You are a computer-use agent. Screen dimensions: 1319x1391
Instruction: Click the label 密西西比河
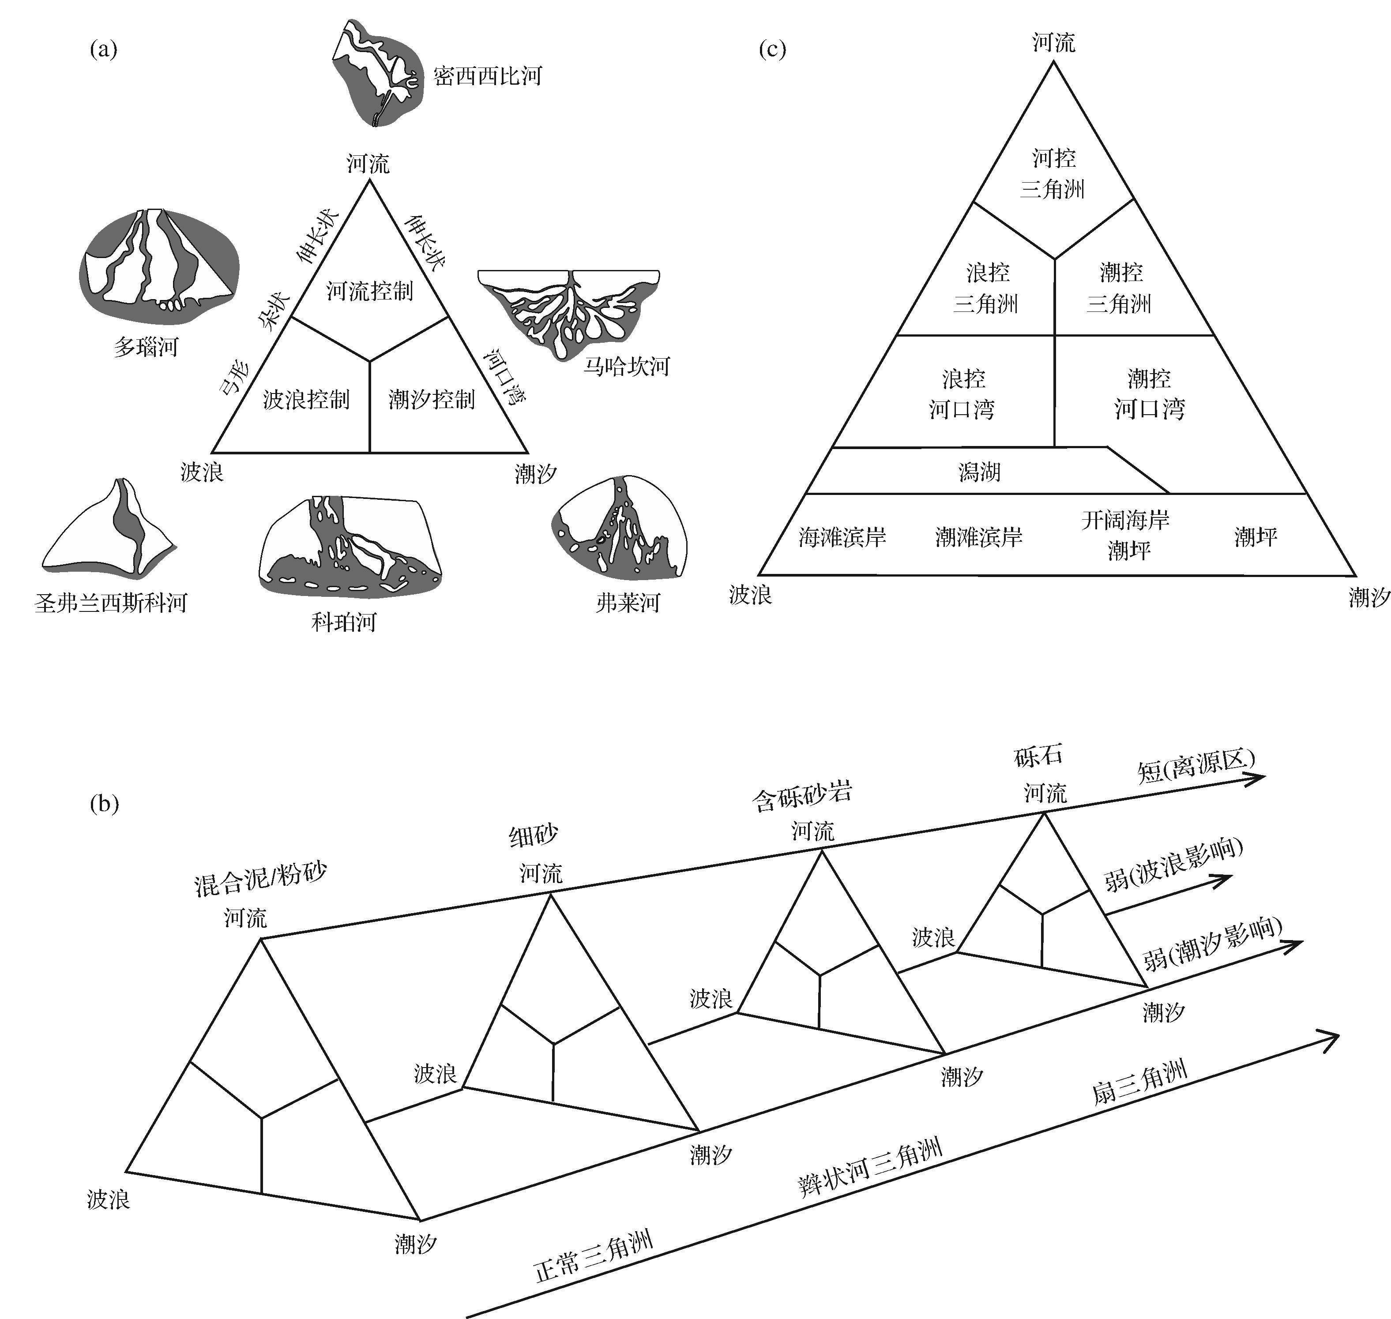point(487,76)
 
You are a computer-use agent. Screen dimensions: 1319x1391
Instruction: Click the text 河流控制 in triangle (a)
point(369,290)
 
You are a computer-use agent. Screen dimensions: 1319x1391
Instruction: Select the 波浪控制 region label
point(306,399)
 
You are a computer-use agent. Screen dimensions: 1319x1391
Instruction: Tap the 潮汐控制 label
point(432,399)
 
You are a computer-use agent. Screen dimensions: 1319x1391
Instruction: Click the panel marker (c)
point(772,49)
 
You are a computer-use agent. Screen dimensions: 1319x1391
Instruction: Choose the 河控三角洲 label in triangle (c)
point(1053,173)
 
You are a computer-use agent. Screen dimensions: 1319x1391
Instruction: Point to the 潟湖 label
point(979,472)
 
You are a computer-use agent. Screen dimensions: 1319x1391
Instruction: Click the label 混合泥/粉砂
point(261,879)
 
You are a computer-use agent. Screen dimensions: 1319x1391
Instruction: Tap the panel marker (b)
point(104,804)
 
